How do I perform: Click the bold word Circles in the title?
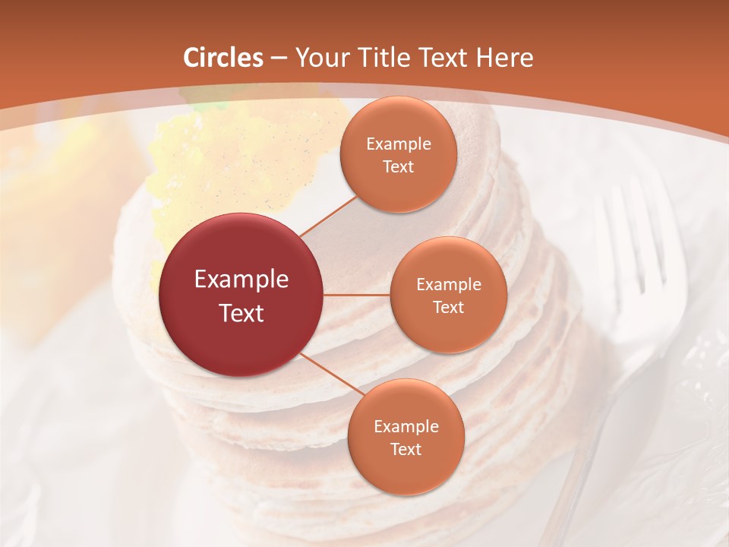223,58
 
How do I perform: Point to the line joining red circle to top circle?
328,217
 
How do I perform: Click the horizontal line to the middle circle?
357,295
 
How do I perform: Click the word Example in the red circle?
241,279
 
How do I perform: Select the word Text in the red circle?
241,313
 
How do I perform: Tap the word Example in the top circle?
399,144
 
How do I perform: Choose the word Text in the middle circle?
448,307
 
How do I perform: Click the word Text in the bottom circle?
406,449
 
